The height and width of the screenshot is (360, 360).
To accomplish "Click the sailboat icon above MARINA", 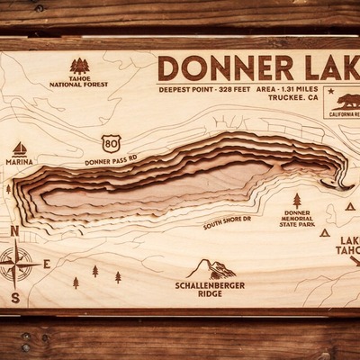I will pos(19,148).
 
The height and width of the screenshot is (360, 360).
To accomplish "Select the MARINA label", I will pos(19,162).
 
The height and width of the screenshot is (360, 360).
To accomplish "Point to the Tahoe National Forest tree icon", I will pos(80,66).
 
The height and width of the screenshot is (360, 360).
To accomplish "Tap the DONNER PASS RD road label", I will pos(111,162).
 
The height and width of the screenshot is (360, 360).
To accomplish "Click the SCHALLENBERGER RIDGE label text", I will pos(210,290).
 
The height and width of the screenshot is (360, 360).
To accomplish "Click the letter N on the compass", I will pos(15,231).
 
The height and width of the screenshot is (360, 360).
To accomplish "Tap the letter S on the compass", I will pos(15,298).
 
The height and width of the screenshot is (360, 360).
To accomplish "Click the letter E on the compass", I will pos(47,263).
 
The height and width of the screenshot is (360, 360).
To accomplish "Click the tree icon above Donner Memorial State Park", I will pos(297,200).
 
